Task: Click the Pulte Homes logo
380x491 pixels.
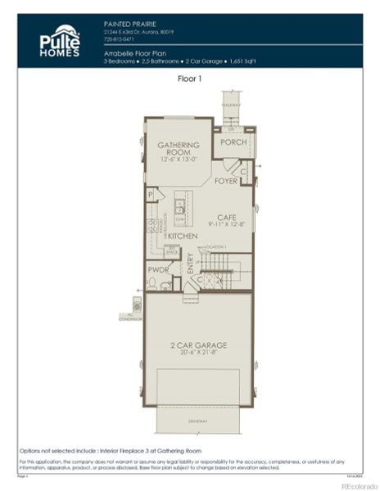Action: (60, 41)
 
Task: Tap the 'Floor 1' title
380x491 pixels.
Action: (190, 79)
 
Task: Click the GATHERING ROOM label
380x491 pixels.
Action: (179, 148)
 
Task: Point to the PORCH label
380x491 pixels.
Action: (233, 142)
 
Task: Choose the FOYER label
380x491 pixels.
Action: (225, 181)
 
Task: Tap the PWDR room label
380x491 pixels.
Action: (158, 268)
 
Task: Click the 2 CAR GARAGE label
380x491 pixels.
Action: (198, 345)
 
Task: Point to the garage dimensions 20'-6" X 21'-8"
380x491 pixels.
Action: (198, 354)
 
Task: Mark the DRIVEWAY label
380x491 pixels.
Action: (198, 421)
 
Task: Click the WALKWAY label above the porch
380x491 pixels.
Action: (231, 104)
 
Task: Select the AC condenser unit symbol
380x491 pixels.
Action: (137, 305)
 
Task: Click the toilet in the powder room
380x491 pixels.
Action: (152, 284)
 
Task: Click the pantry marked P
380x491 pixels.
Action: (151, 195)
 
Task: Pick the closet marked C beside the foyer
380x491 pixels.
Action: (243, 172)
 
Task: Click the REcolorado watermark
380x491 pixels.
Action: (358, 484)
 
